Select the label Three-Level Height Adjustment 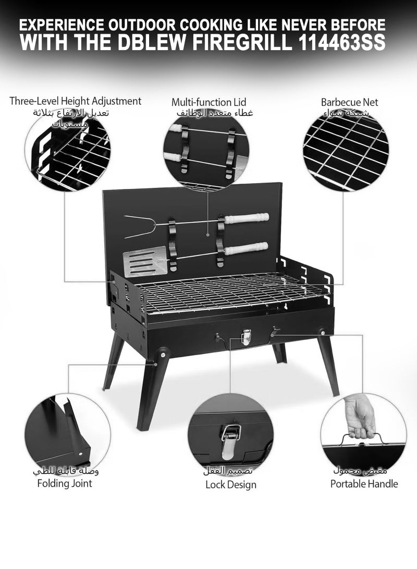click(x=75, y=101)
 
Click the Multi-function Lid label click(x=208, y=102)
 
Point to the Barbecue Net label click(x=349, y=102)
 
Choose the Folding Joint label click(x=64, y=483)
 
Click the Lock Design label click(x=230, y=485)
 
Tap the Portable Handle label click(x=364, y=483)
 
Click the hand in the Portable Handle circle click(x=361, y=415)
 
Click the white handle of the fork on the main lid click(x=247, y=218)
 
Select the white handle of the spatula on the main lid click(x=246, y=248)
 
